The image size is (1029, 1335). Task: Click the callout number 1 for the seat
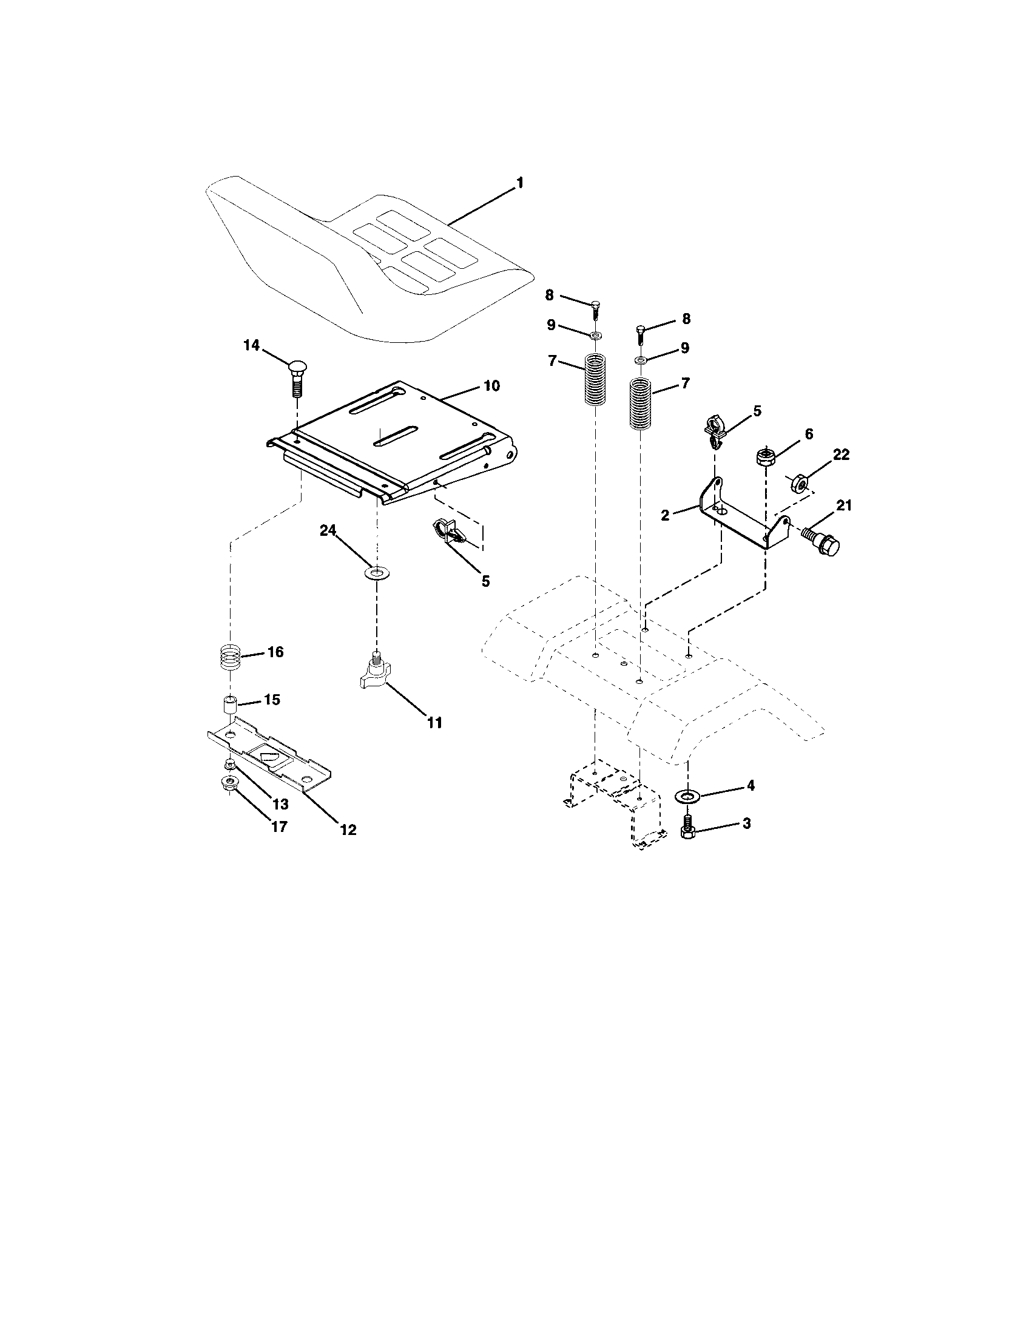[x=520, y=182]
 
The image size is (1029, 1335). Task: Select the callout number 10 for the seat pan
[x=491, y=386]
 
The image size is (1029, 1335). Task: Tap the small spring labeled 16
[x=230, y=658]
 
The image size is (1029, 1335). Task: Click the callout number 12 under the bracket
[x=349, y=830]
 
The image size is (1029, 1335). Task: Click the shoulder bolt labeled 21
[x=821, y=537]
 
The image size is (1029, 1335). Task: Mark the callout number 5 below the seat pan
[x=485, y=581]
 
